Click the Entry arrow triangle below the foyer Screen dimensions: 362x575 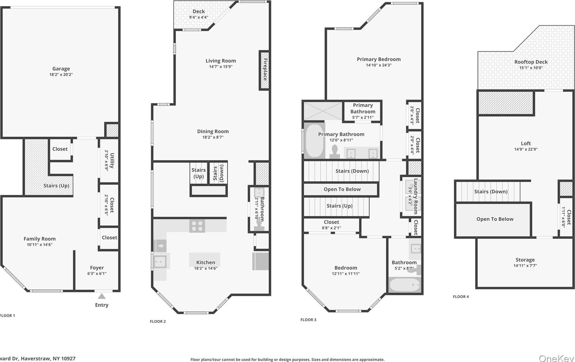[x=102, y=296]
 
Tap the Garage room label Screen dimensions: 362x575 [x=61, y=69]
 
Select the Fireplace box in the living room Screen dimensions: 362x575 [x=265, y=70]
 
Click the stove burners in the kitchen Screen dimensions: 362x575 [x=197, y=226]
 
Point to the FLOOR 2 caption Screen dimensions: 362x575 [x=158, y=321]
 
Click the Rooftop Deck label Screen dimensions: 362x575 [x=531, y=62]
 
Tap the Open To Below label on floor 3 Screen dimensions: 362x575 [x=342, y=189]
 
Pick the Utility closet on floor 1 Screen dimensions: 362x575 [x=109, y=160]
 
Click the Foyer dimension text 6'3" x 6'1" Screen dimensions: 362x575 [x=97, y=274]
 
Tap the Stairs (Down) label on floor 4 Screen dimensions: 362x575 [x=491, y=192]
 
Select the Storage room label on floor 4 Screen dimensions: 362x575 [x=525, y=260]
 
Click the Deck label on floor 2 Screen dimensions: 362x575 [x=199, y=11]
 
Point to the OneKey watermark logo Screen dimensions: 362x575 [x=556, y=358]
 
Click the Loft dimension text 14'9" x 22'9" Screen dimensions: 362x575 [x=526, y=149]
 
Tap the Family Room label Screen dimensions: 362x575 [x=40, y=239]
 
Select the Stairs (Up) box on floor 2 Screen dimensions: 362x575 [x=199, y=173]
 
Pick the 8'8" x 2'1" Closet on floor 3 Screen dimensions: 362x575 [x=331, y=225]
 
